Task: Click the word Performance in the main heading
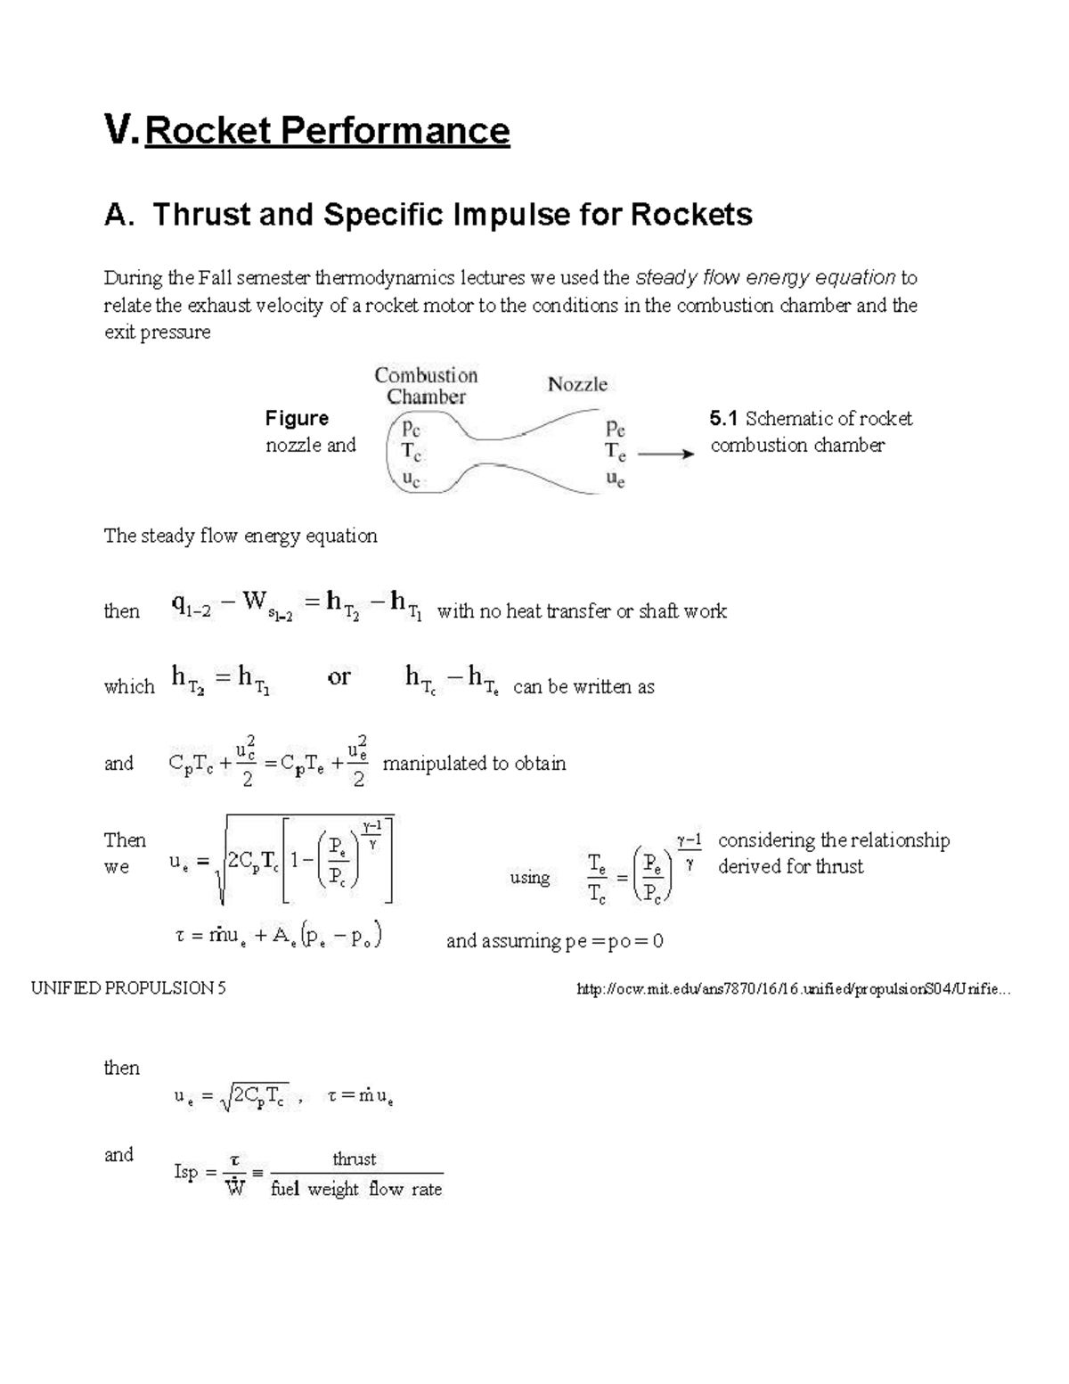tap(395, 131)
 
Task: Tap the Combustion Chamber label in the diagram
tap(426, 386)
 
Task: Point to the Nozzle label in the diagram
tap(577, 384)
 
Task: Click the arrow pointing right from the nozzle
tap(665, 454)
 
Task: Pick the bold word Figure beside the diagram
tap(297, 419)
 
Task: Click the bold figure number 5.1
tap(724, 419)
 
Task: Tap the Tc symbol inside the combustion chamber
tap(410, 453)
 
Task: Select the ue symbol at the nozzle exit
tap(615, 479)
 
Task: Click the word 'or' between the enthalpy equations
tap(339, 677)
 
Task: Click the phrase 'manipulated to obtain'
tap(474, 764)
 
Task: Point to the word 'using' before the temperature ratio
tap(529, 878)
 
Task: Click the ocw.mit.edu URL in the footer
tap(795, 988)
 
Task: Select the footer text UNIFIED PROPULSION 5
tap(128, 988)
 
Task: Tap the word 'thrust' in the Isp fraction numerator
tap(354, 1159)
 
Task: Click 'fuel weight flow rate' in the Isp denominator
tap(356, 1189)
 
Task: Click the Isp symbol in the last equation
tap(185, 1172)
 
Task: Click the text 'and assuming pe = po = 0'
tap(554, 941)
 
